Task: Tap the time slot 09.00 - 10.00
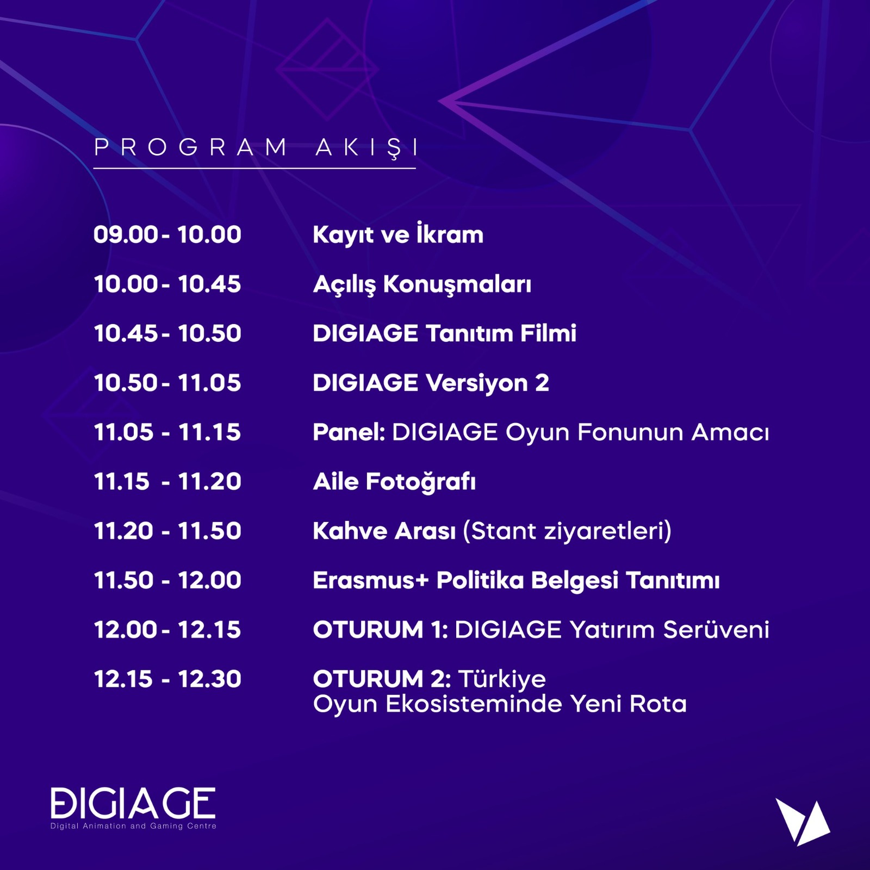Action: point(167,235)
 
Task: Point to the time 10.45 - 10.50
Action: point(167,333)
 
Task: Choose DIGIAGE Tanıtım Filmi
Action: point(444,333)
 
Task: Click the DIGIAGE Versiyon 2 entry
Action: point(431,383)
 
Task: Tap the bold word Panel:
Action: point(349,432)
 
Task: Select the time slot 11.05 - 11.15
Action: point(167,432)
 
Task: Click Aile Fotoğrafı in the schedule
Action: point(394,482)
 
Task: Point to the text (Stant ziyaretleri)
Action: point(567,531)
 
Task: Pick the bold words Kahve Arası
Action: point(384,531)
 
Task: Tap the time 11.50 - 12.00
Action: point(167,580)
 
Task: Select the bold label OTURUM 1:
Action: point(381,630)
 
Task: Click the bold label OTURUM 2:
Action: point(382,679)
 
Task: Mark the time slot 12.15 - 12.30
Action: point(167,679)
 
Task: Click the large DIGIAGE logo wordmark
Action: point(133,803)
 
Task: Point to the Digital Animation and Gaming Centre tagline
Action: point(133,826)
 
